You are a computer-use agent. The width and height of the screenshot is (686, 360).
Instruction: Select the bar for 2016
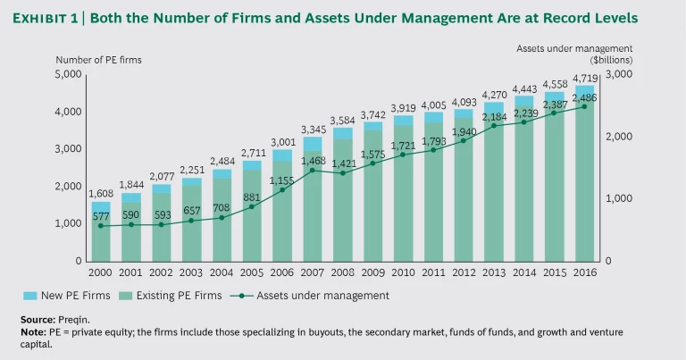(x=584, y=174)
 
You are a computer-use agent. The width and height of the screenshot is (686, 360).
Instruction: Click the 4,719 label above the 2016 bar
(x=584, y=78)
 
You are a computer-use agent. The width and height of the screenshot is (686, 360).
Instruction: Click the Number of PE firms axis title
(x=98, y=60)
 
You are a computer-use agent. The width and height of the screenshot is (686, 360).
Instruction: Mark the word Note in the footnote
(x=33, y=331)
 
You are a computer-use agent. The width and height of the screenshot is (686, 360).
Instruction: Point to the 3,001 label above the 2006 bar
(x=282, y=142)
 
